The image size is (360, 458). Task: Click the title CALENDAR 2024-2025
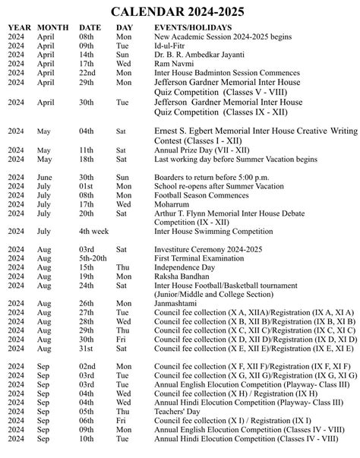pyautogui.click(x=179, y=12)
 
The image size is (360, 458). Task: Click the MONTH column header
pyautogui.click(x=53, y=27)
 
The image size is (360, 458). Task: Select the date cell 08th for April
pyautogui.click(x=87, y=37)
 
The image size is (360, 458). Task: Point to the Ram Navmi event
pyautogui.click(x=172, y=65)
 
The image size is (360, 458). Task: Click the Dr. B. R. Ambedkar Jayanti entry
pyautogui.click(x=198, y=55)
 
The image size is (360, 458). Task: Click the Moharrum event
pyautogui.click(x=172, y=204)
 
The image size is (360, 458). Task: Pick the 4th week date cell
pyautogui.click(x=94, y=231)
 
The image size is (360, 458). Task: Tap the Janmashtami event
pyautogui.click(x=175, y=303)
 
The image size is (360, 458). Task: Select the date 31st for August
pyautogui.click(x=87, y=349)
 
